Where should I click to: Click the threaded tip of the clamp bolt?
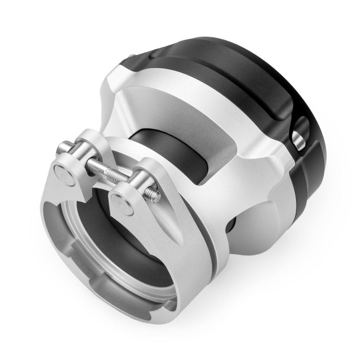(154, 195)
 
